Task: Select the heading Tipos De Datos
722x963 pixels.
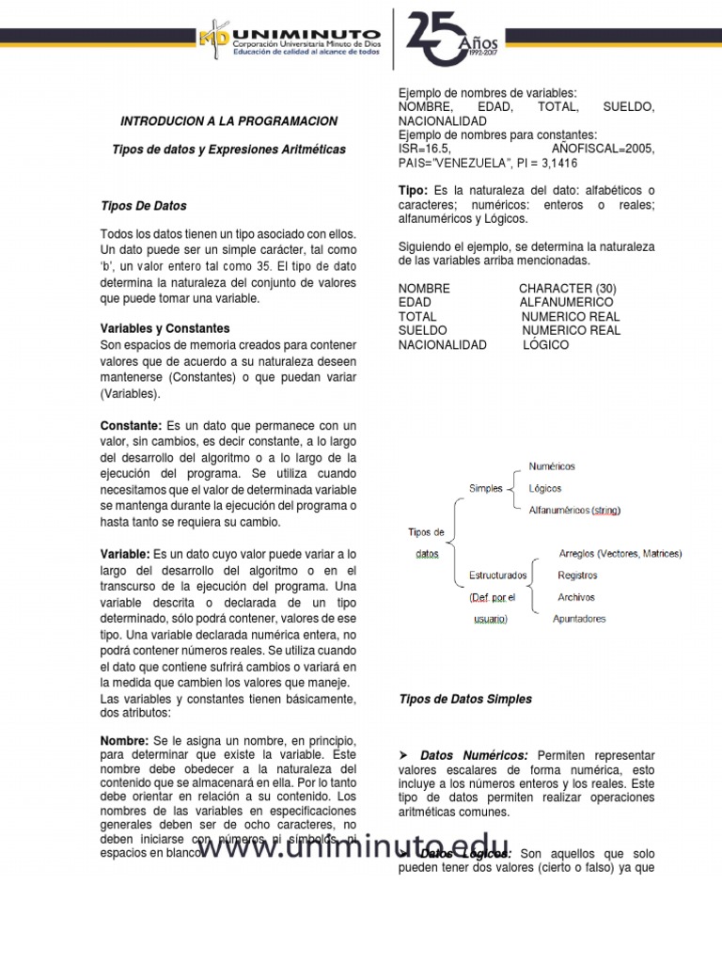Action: click(143, 206)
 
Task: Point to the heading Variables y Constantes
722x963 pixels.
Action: click(165, 328)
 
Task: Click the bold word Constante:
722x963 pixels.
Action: click(131, 426)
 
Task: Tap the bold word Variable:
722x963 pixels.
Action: click(125, 553)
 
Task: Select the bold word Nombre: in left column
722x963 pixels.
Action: click(124, 741)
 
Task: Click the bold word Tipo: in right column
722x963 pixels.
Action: click(414, 191)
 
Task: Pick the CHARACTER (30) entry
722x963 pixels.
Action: click(567, 289)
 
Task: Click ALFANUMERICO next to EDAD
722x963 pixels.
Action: click(566, 303)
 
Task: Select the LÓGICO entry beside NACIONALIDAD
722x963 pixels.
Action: click(546, 345)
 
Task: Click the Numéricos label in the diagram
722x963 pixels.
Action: click(552, 466)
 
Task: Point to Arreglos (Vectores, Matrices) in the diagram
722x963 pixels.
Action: click(620, 554)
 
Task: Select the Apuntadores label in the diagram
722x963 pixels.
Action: click(579, 619)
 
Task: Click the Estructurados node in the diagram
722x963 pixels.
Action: click(497, 575)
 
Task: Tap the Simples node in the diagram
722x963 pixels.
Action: click(486, 488)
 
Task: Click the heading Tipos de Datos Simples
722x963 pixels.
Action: click(465, 699)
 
